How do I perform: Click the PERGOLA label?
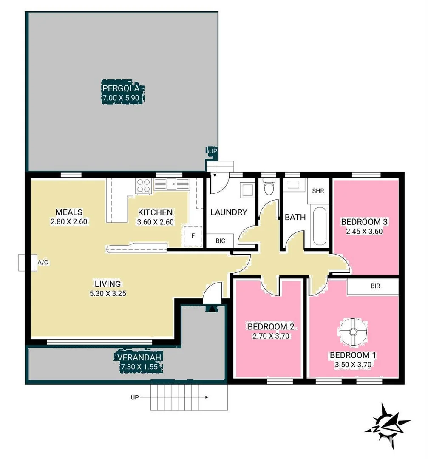[121, 89]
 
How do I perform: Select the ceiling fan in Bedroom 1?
[352, 331]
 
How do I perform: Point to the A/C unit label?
[43, 263]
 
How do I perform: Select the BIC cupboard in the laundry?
[220, 241]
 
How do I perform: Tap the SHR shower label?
[318, 191]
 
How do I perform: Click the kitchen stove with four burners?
[144, 185]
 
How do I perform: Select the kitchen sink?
[172, 184]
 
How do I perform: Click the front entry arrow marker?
[211, 309]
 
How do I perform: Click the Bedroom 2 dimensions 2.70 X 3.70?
[271, 336]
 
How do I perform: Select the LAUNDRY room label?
[229, 212]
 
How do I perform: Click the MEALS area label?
[69, 212]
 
